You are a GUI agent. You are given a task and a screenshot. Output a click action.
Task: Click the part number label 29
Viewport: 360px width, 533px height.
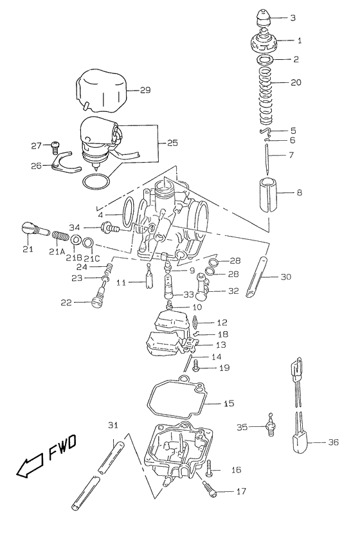(x=145, y=90)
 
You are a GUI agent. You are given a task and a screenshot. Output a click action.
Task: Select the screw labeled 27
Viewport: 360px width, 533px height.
(x=55, y=145)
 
